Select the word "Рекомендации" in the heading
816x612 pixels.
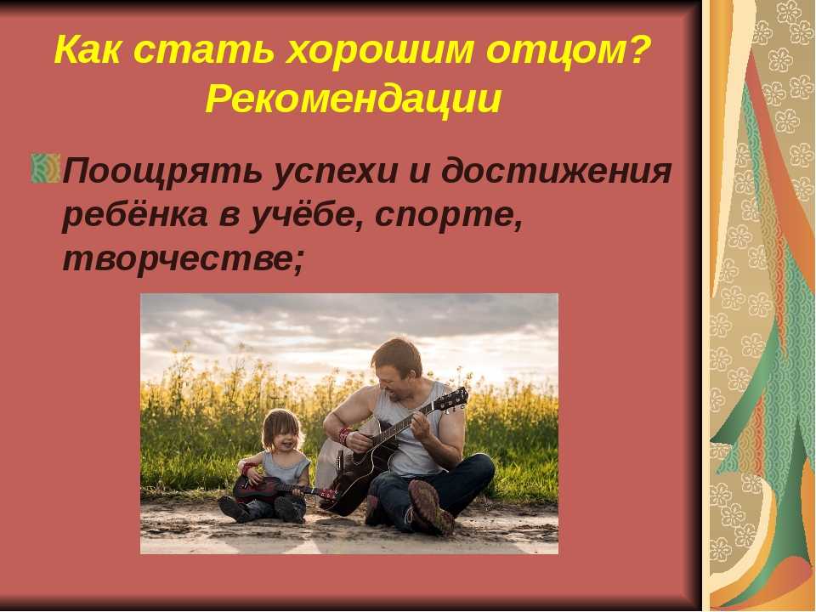click(354, 99)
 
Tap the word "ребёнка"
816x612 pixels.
click(135, 214)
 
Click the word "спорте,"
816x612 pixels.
click(448, 216)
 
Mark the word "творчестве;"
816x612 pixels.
click(183, 258)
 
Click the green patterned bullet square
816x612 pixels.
click(46, 168)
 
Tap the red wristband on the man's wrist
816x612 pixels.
click(344, 435)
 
